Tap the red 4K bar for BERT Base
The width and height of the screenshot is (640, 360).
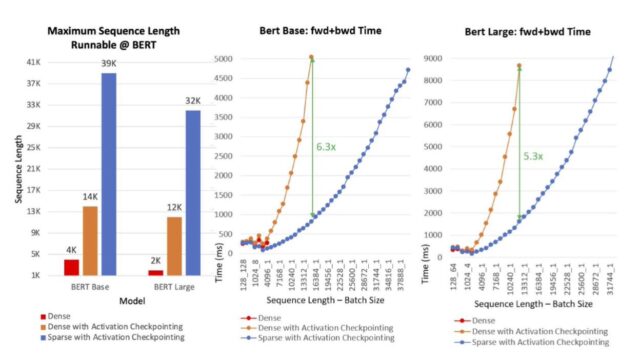pos(71,266)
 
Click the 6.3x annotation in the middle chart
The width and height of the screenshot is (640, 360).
pos(326,146)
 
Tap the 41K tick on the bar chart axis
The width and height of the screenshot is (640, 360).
pos(33,62)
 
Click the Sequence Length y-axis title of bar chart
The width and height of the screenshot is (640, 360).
pos(12,167)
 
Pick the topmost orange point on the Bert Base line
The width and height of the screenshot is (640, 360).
pos(311,57)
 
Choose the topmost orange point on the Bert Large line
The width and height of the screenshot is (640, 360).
pos(519,66)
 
